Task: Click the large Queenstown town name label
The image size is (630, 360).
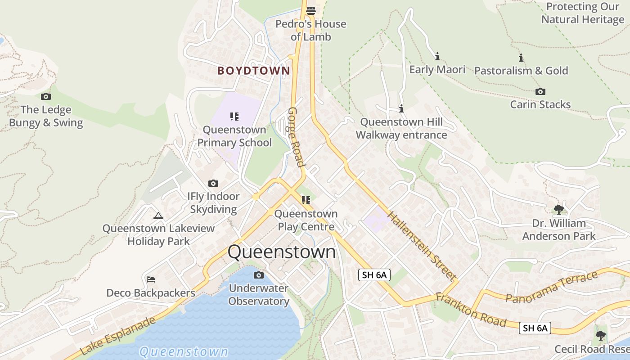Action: (x=282, y=252)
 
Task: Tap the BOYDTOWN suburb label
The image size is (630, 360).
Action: (x=254, y=71)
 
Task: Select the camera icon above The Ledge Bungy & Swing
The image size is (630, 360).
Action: (x=45, y=96)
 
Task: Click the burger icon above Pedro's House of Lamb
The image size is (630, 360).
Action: (x=310, y=10)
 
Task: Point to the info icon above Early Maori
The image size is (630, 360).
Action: (x=437, y=57)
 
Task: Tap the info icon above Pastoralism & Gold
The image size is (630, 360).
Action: (x=521, y=58)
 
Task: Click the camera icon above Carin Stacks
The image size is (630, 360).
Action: (x=540, y=92)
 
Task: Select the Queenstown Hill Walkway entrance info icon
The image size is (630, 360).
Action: (x=401, y=109)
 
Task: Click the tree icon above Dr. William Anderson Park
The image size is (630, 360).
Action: (x=558, y=210)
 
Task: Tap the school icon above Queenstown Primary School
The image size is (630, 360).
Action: (x=234, y=117)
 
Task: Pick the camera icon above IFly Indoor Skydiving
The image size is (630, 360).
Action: (x=213, y=183)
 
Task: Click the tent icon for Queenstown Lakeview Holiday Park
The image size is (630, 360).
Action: (x=158, y=216)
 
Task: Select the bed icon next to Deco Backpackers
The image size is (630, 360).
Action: (x=151, y=279)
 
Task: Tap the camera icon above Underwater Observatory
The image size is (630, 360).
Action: (x=258, y=275)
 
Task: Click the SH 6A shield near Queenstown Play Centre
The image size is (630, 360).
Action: (x=374, y=275)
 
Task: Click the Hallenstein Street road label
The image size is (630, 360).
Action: (x=422, y=246)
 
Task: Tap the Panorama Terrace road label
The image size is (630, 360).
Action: (x=551, y=287)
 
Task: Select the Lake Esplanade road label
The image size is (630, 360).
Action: (x=118, y=336)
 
